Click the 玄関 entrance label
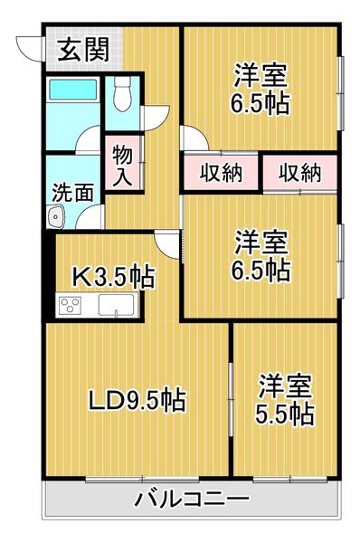83,50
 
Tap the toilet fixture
122,93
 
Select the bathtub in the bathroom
73,90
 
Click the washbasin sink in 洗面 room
56,217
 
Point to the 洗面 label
72,193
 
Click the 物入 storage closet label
122,166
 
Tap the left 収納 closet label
222,173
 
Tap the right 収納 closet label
300,173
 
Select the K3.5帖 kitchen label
112,276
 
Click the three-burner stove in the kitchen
71,305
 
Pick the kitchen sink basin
116,305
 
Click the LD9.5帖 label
137,399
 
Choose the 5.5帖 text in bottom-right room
285,414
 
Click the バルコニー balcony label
192,500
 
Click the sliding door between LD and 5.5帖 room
231,399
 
